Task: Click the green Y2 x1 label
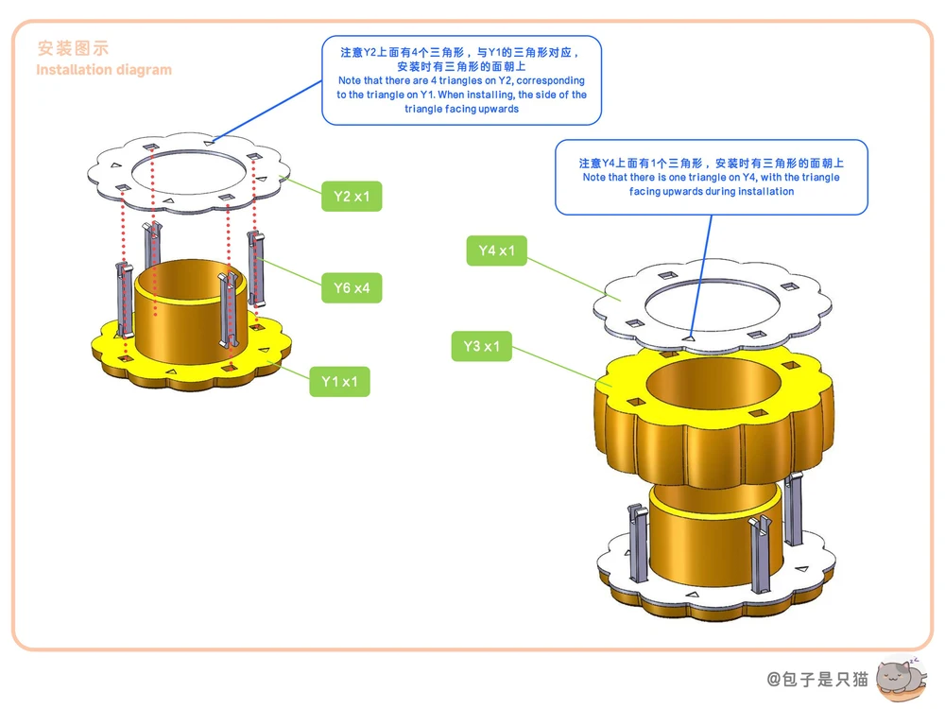352,196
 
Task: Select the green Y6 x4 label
352,287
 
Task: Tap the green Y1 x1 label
339,382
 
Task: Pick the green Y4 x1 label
497,251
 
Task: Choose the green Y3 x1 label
482,346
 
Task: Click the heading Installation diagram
104,70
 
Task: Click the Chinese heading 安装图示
73,48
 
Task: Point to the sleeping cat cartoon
901,679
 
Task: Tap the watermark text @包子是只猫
817,680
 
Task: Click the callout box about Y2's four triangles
462,80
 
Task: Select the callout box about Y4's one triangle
712,178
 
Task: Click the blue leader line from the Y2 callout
267,112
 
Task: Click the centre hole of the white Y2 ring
189,172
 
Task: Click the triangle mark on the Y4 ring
689,338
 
